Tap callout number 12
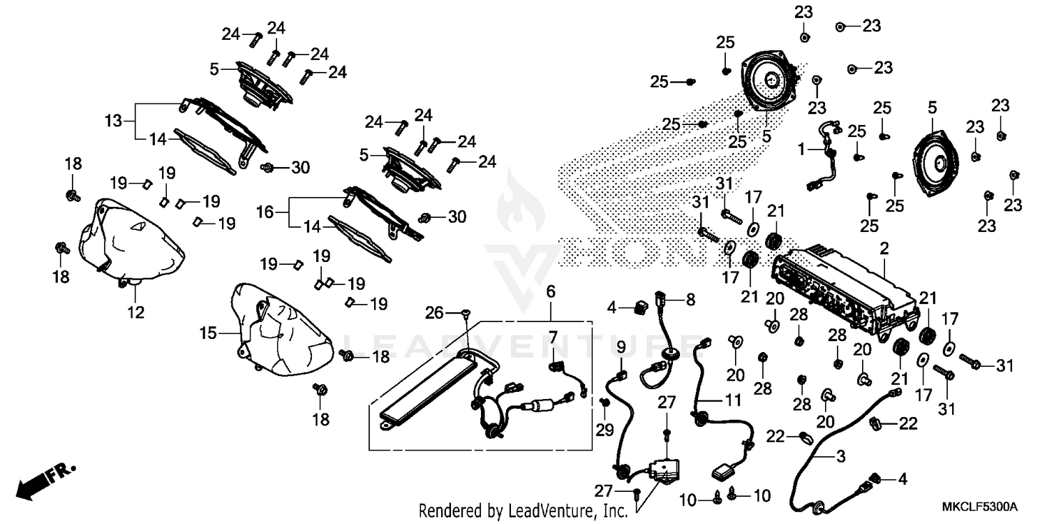coord(135,312)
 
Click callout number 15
coord(209,333)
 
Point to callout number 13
coord(113,121)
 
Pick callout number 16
coord(265,212)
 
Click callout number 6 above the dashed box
coord(551,292)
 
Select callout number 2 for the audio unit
coord(884,249)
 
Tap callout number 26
coord(433,312)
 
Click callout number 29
coord(604,430)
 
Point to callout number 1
coord(801,150)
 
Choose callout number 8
coord(690,299)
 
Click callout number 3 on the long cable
coord(840,456)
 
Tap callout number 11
coord(733,400)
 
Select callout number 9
coord(621,347)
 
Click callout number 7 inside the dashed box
coord(553,337)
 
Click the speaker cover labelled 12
coord(132,243)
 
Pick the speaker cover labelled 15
coord(283,330)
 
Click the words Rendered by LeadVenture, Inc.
coord(523,510)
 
